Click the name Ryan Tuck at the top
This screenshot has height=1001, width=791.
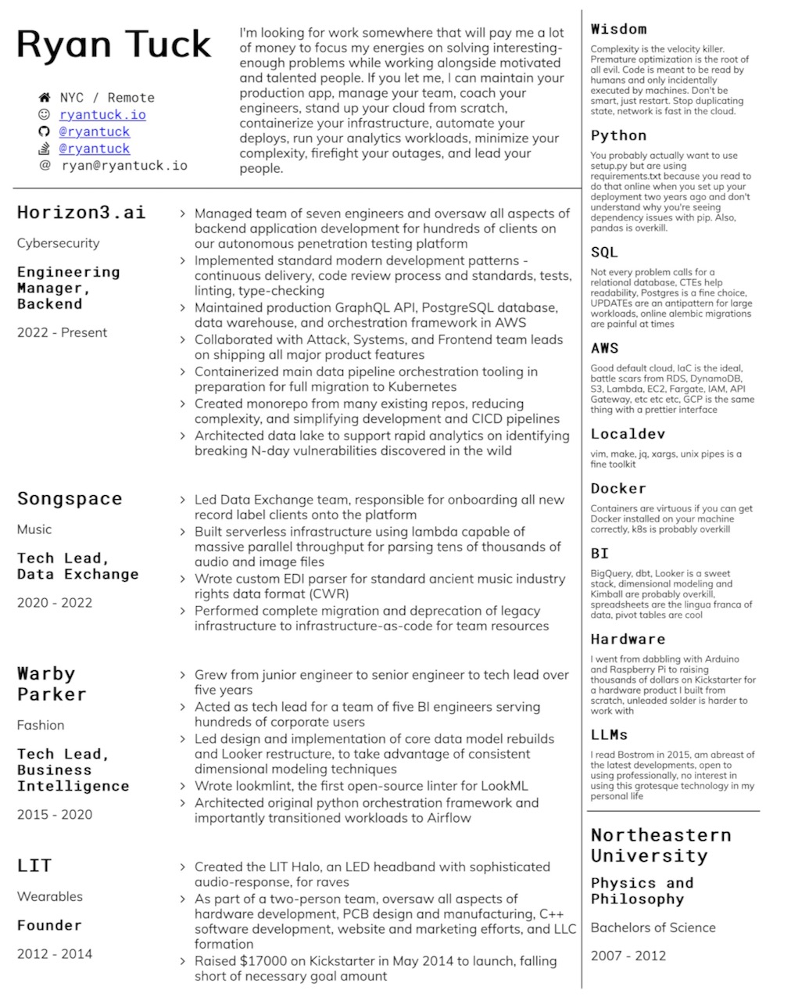(114, 45)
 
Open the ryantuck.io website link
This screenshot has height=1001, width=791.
(102, 115)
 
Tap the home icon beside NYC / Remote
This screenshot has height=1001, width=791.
(45, 98)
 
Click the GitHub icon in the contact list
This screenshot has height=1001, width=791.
(45, 131)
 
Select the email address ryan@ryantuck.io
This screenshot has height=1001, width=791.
(124, 165)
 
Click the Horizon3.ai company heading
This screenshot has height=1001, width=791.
(81, 213)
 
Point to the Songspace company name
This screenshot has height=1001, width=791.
(70, 499)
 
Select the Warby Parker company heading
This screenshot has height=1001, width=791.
(52, 683)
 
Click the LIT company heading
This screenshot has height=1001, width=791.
(34, 866)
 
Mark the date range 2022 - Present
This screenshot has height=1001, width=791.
(62, 332)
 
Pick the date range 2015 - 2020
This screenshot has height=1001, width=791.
(55, 814)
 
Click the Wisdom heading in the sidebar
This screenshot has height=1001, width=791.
(618, 30)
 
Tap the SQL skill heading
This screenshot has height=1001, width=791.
(604, 253)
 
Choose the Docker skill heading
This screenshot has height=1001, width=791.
(618, 489)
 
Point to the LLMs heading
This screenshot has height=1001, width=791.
(609, 735)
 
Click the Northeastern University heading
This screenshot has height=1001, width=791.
(660, 845)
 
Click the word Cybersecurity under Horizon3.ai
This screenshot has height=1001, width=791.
(59, 243)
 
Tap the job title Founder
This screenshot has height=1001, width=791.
(49, 925)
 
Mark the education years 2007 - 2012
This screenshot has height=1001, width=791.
(628, 955)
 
